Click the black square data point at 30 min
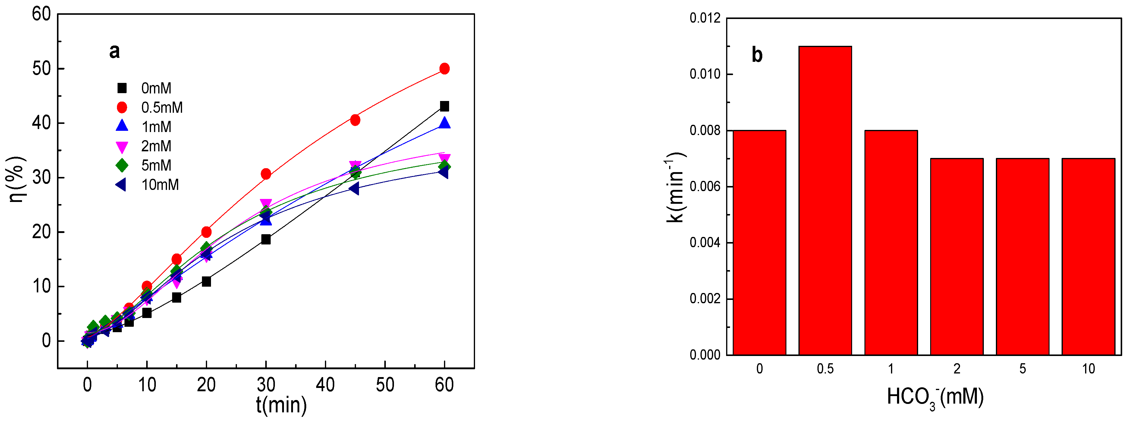point(266,239)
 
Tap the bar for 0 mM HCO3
point(760,242)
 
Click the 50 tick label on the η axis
point(42,69)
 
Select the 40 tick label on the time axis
point(326,385)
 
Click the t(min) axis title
point(281,405)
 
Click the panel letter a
point(114,52)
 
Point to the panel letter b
point(757,55)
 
